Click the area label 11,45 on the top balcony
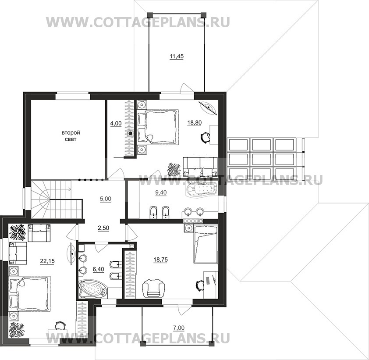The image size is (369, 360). pyautogui.click(x=177, y=57)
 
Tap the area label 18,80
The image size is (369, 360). pyautogui.click(x=195, y=123)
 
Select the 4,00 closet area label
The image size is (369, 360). pyautogui.click(x=116, y=123)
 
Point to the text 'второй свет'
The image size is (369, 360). pyautogui.click(x=71, y=136)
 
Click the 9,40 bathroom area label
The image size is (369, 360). pyautogui.click(x=161, y=192)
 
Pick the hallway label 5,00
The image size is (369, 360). pyautogui.click(x=106, y=199)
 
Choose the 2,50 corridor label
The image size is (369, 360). pyautogui.click(x=103, y=228)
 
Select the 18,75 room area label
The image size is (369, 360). pyautogui.click(x=161, y=260)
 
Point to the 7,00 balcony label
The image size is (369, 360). pyautogui.click(x=179, y=328)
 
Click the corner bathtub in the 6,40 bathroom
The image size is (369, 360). pyautogui.click(x=93, y=289)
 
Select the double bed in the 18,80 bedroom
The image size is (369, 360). pyautogui.click(x=158, y=126)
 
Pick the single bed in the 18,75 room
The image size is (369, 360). pyautogui.click(x=206, y=244)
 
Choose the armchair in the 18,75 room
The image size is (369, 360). pyautogui.click(x=154, y=288)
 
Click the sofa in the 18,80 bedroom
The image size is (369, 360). pyautogui.click(x=200, y=167)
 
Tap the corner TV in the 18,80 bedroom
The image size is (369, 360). pyautogui.click(x=209, y=108)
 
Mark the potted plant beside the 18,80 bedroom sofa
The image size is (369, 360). pyautogui.click(x=174, y=169)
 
